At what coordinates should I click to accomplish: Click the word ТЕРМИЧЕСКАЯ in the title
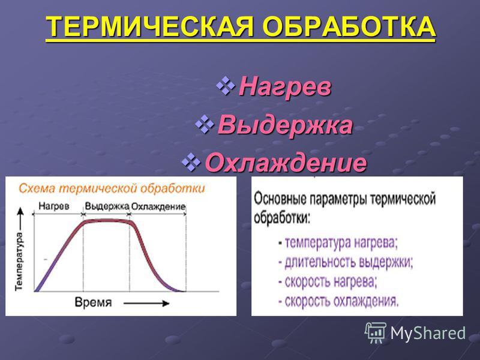coord(151,26)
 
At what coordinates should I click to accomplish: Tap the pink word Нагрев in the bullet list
coord(285,87)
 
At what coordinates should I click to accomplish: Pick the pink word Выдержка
coord(285,125)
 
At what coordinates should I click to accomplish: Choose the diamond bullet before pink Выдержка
coord(205,124)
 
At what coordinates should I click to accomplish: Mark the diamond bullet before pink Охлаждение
coord(191,162)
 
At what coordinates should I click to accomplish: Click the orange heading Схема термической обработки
coord(112,188)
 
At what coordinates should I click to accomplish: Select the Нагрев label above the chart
coord(54,206)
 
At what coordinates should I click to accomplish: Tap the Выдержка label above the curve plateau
coord(107,206)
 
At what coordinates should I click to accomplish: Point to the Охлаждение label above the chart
coord(158,206)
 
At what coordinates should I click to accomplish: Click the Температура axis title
coord(19,261)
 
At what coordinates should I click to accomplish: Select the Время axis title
coord(94,302)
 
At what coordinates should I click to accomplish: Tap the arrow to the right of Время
coord(146,304)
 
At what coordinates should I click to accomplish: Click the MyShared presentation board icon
coord(376,333)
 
